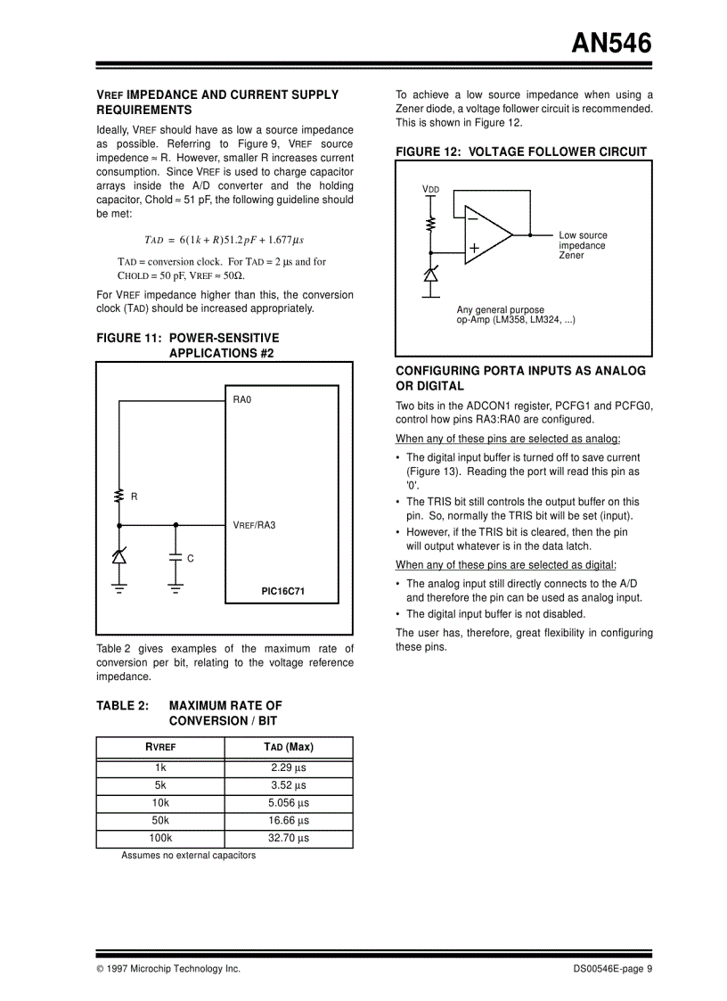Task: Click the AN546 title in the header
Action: (611, 43)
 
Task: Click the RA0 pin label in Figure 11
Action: (242, 400)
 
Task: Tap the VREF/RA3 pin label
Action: (254, 525)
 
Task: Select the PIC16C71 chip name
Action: (283, 590)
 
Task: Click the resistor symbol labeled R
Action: (118, 496)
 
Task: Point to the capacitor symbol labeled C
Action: (176, 558)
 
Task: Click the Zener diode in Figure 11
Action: (118, 556)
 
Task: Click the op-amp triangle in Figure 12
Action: (486, 236)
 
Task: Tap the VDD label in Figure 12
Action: (430, 190)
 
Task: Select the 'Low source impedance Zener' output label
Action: (583, 245)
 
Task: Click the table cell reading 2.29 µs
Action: (288, 767)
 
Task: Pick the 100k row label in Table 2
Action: (160, 838)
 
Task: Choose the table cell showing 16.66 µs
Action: (288, 820)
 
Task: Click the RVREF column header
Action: (160, 747)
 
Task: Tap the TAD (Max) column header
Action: (288, 747)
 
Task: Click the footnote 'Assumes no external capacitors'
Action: (188, 856)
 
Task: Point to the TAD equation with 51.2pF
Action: (224, 240)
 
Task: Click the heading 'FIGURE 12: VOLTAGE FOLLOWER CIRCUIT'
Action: (521, 152)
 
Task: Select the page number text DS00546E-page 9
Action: (613, 969)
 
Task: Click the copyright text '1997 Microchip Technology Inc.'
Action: (173, 969)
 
